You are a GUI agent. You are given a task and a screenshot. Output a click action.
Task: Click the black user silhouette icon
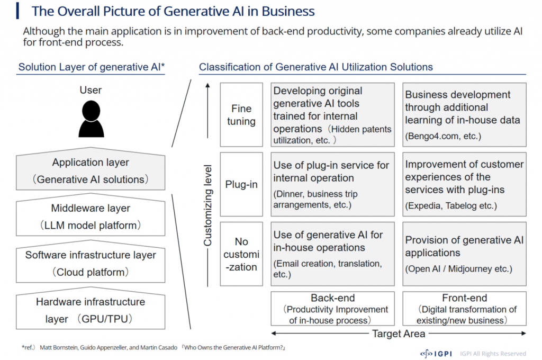91,119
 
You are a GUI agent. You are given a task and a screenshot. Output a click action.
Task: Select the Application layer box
91,169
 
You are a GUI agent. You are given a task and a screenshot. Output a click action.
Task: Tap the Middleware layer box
91,215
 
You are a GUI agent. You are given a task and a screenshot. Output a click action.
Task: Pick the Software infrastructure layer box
91,262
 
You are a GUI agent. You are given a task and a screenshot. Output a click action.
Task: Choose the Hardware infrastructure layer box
91,308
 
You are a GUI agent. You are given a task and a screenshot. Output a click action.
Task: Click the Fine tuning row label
241,114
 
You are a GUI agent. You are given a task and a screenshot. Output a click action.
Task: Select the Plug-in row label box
241,184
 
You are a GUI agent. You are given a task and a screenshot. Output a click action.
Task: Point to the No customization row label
241,254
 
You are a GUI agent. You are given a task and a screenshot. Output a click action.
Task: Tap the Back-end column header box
332,309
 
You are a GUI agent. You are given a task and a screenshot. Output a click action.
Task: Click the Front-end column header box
464,309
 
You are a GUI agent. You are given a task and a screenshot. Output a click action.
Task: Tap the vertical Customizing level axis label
207,205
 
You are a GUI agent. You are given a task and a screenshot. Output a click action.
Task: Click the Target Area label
399,334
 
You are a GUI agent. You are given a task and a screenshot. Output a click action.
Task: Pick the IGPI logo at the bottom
436,354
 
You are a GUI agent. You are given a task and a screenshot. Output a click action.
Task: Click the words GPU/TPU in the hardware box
105,319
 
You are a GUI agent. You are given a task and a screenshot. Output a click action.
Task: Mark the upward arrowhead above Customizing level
207,85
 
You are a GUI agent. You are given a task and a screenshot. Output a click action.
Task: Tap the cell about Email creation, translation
332,254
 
